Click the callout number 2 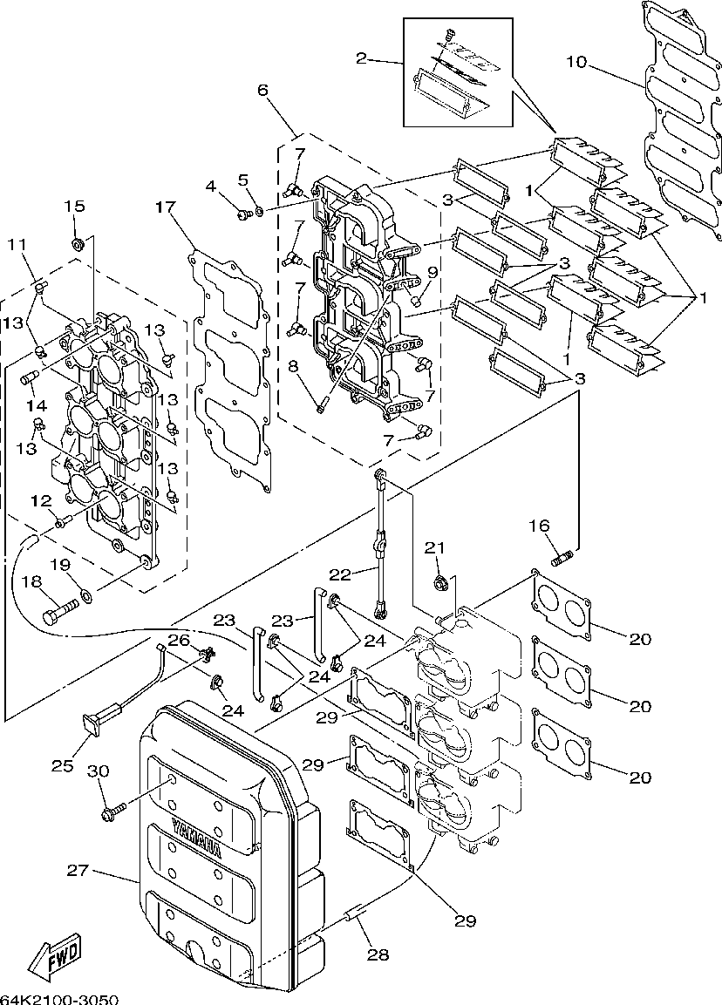[x=362, y=59]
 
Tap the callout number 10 [x=576, y=62]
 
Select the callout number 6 [x=262, y=90]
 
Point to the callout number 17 [x=164, y=207]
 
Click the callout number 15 [x=74, y=207]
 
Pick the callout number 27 [x=78, y=871]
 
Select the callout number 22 [x=340, y=574]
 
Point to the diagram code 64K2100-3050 [x=59, y=999]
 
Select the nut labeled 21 [x=439, y=582]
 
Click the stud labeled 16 [x=561, y=558]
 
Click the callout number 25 [x=62, y=766]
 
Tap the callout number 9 [x=433, y=272]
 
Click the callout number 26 [x=179, y=640]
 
